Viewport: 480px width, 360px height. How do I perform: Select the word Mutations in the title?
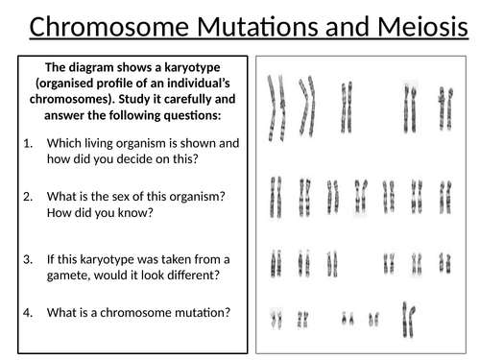tap(262, 26)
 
